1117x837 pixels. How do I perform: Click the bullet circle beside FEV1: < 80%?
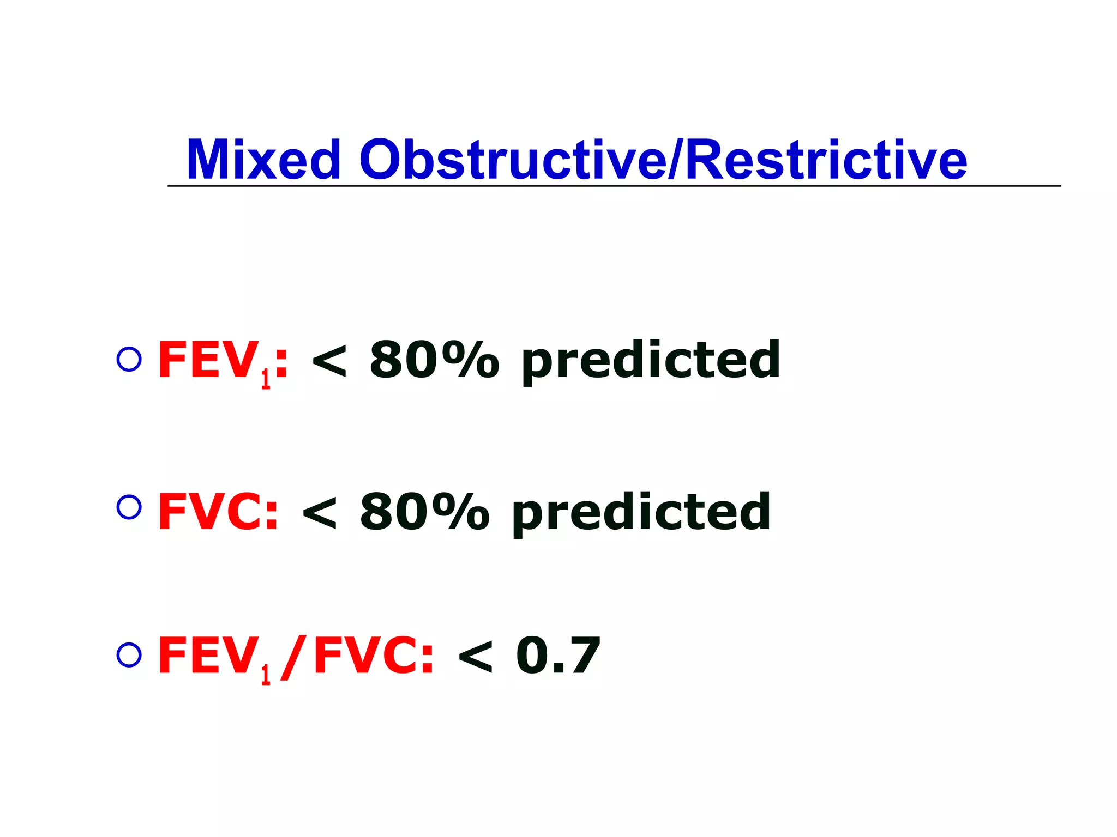pyautogui.click(x=129, y=360)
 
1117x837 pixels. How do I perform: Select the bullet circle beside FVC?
pyautogui.click(x=129, y=507)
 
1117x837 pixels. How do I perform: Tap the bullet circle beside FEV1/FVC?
pyautogui.click(x=129, y=655)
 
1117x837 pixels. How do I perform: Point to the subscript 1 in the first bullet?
pyautogui.click(x=266, y=379)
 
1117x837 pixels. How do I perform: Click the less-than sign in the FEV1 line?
pyautogui.click(x=329, y=361)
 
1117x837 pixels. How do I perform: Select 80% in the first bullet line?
pyautogui.click(x=434, y=360)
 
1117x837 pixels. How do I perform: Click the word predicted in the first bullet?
pyautogui.click(x=651, y=362)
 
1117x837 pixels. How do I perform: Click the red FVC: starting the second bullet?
pyautogui.click(x=218, y=511)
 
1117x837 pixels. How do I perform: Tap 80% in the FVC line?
pyautogui.click(x=424, y=511)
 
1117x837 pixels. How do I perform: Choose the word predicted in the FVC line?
pyautogui.click(x=641, y=514)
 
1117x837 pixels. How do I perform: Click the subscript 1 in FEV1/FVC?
pyautogui.click(x=266, y=675)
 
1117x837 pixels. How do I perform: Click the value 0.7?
pyautogui.click(x=557, y=656)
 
